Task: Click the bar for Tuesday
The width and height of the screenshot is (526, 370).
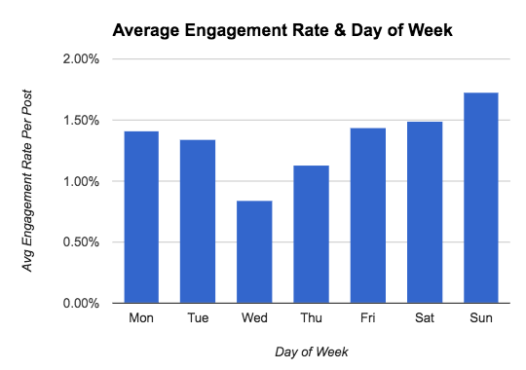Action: tap(197, 221)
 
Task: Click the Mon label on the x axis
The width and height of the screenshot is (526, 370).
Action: tap(140, 319)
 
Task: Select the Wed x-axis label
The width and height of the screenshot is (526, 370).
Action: tap(253, 319)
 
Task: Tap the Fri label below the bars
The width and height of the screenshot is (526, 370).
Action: tap(367, 319)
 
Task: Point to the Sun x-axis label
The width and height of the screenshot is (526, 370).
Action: tap(480, 319)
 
